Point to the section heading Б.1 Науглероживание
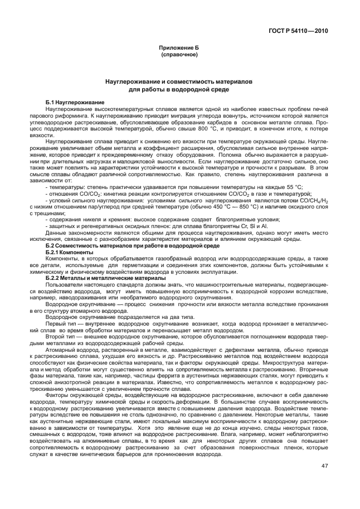point(75,103)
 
